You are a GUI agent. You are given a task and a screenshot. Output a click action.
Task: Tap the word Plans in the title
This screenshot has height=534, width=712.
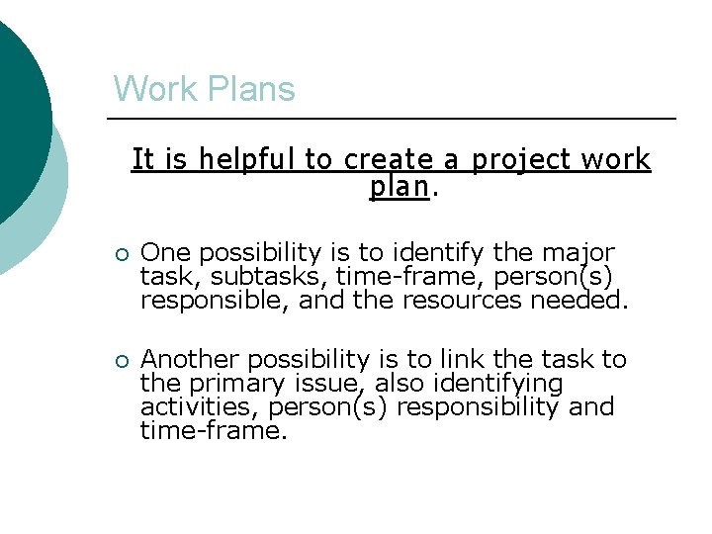(247, 89)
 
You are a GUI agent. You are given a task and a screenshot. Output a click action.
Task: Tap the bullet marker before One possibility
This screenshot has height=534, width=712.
(120, 254)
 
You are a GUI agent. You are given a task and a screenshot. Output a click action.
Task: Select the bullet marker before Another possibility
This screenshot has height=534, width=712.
(120, 361)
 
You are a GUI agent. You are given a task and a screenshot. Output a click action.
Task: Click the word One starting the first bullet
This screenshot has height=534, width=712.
(163, 253)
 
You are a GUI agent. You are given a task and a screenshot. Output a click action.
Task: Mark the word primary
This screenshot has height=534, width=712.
(230, 384)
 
